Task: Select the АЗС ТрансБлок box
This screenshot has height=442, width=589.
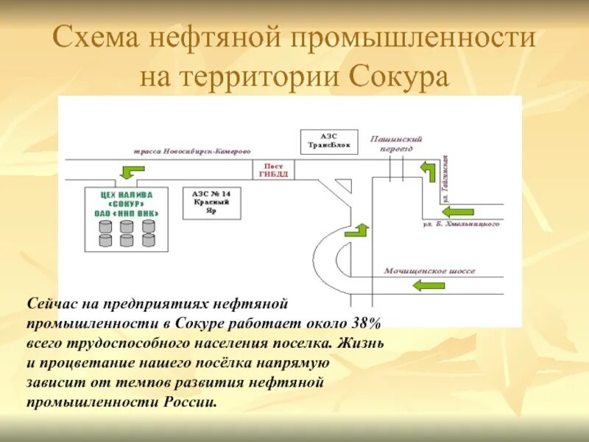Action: click(329, 141)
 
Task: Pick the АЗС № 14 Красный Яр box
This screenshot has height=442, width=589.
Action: click(211, 202)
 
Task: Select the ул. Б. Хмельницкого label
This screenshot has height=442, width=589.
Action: click(462, 223)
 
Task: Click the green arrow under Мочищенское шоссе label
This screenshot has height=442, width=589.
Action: click(429, 285)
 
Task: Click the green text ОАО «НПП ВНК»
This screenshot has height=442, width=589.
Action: click(127, 214)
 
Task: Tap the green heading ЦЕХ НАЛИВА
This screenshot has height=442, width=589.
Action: click(127, 194)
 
